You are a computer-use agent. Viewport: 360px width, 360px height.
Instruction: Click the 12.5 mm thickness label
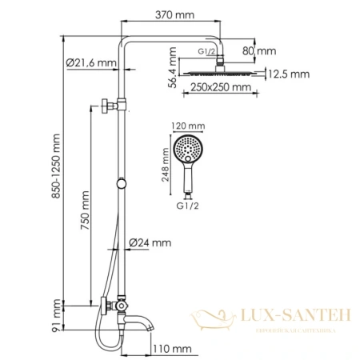[x=289, y=74]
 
